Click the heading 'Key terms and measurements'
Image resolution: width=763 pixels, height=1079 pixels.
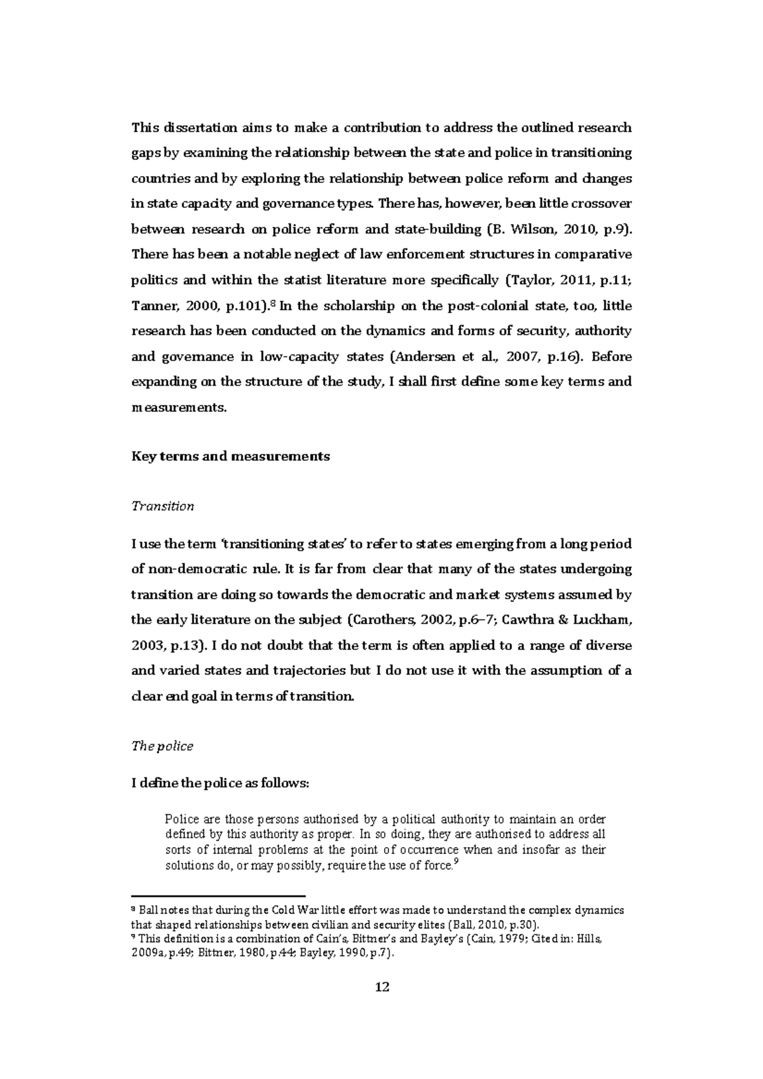coord(230,456)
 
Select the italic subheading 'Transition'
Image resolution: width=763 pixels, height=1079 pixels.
coord(162,506)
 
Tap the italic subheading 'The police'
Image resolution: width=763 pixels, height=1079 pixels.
coord(162,746)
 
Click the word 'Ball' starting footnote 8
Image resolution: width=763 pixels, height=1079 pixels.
coord(146,910)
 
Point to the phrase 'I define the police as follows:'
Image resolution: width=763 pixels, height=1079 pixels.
coord(219,784)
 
